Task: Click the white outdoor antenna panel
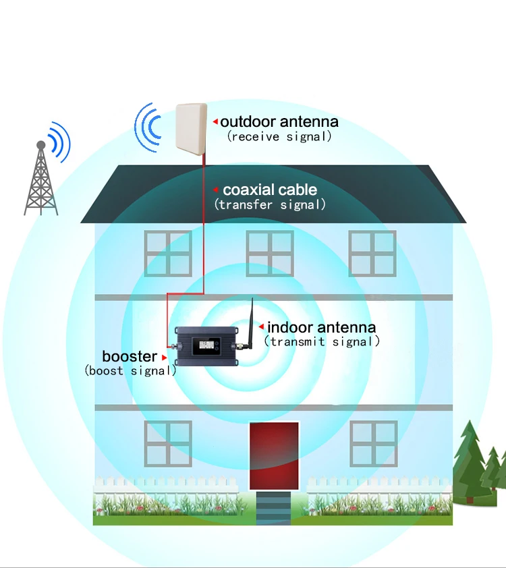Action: coord(191,130)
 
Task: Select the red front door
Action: coord(274,456)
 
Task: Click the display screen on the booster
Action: coord(206,347)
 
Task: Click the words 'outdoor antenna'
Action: coord(279,121)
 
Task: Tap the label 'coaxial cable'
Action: coord(270,190)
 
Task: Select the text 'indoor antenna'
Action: coord(321,327)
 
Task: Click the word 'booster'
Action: coord(130,356)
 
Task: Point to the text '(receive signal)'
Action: coord(279,136)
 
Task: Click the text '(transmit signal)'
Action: coord(322,341)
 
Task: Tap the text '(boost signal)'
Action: coord(130,370)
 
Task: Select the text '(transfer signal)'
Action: coord(270,204)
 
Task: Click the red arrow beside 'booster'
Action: coord(164,358)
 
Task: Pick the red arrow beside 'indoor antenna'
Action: coord(261,326)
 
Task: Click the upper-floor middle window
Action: coord(270,254)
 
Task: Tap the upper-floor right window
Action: coord(372,254)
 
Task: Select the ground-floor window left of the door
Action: coord(168,444)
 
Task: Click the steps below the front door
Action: coord(273,508)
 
